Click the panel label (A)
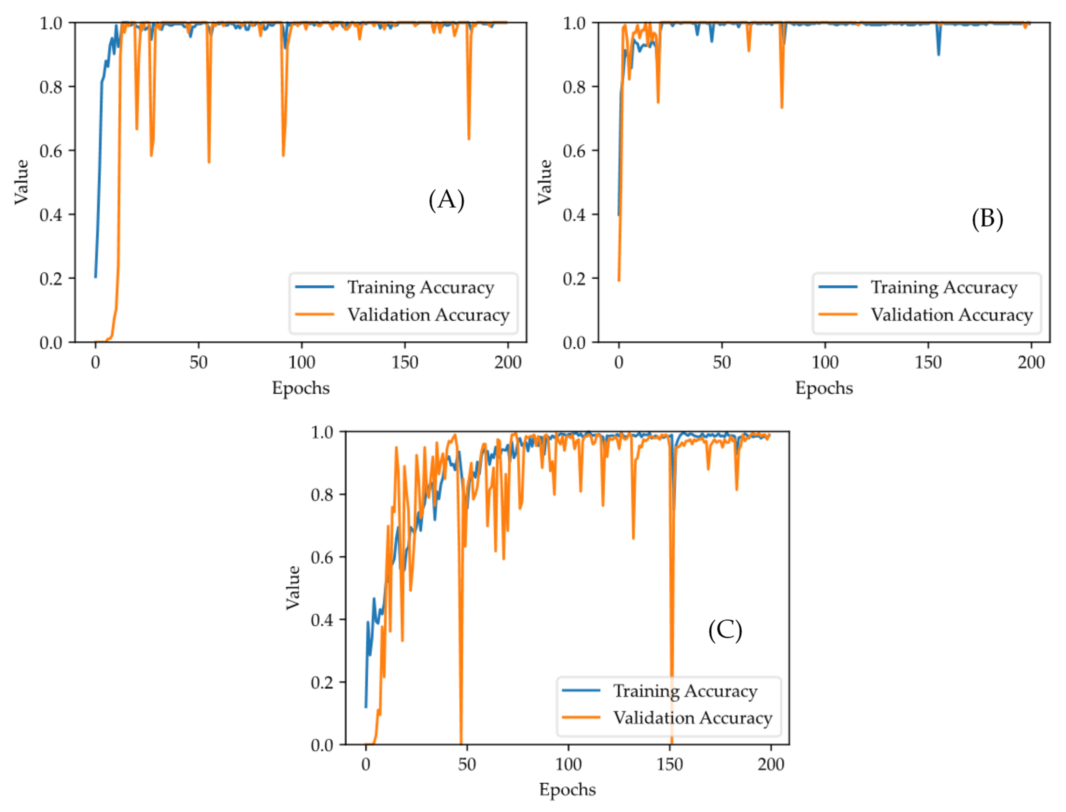pos(446,200)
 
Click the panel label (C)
pos(725,630)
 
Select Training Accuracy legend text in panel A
pos(420,287)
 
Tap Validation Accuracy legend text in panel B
pos(951,315)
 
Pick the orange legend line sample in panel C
pos(580,717)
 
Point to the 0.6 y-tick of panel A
pos(51,151)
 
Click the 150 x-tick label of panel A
pos(404,363)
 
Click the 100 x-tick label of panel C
pos(568,764)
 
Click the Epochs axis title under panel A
pos(300,388)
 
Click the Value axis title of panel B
pos(545,182)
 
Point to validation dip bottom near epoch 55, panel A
pos(209,162)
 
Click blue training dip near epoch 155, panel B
pos(938,54)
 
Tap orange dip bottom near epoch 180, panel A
pos(469,139)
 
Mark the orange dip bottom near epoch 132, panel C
pos(633,538)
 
